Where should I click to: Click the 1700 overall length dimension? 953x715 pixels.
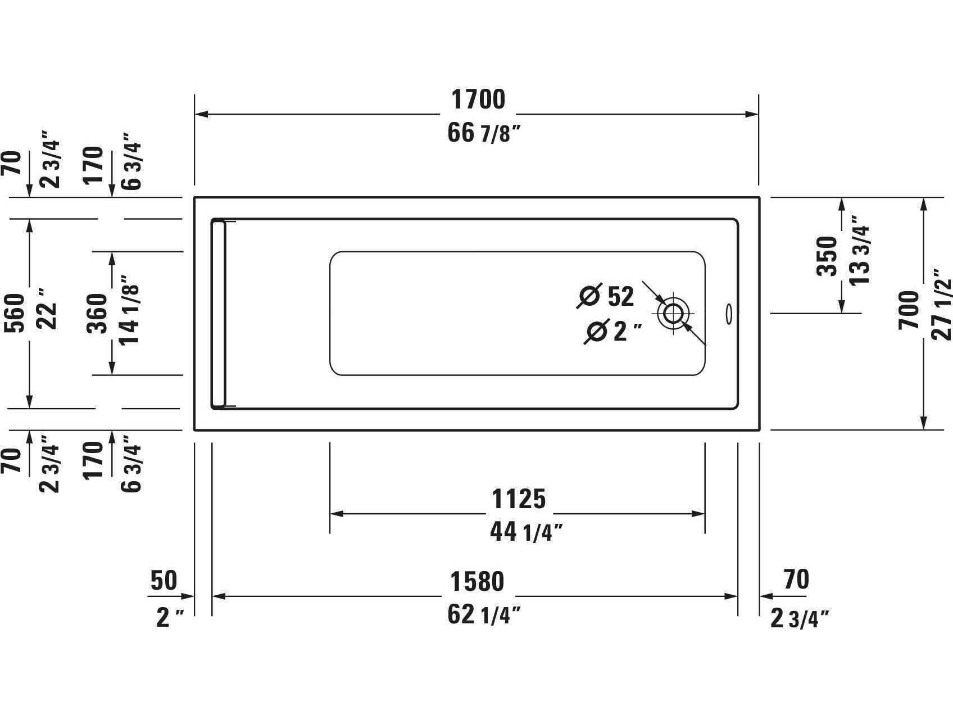pos(478,100)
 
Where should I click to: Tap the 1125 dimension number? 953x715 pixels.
pos(518,499)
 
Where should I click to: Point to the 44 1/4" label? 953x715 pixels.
pos(525,532)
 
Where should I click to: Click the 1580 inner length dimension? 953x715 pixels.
pos(476,582)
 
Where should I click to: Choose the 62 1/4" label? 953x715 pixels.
pos(484,615)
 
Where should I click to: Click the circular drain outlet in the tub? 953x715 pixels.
pos(673,313)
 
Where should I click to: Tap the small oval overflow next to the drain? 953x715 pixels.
pos(729,314)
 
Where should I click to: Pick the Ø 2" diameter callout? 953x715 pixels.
pos(612,332)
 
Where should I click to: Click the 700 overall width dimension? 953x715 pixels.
pos(909,311)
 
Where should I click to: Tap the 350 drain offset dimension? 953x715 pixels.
pos(827,256)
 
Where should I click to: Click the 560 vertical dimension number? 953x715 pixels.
pos(15,313)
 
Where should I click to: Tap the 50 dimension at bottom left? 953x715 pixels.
pos(163,581)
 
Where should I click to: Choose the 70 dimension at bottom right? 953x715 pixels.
pos(795,580)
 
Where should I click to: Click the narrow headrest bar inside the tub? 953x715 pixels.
pos(219,314)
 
